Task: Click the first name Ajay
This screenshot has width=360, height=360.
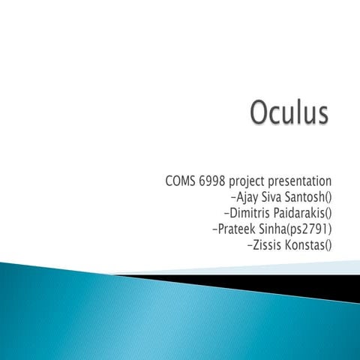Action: tap(249, 198)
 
